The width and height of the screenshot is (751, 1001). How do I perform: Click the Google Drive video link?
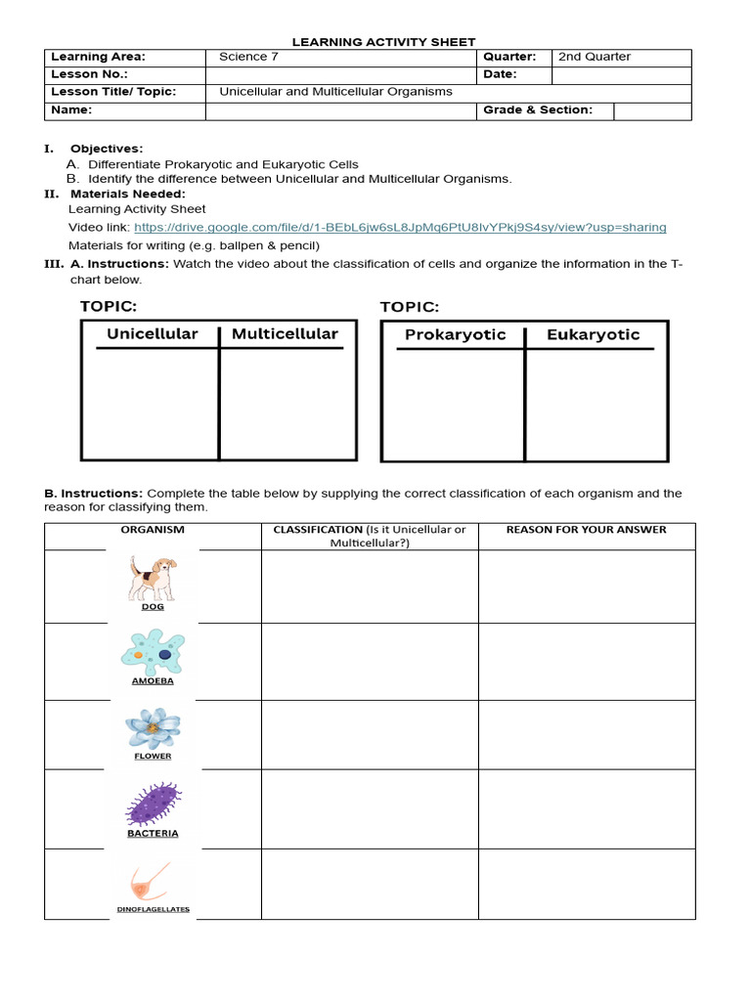tap(400, 228)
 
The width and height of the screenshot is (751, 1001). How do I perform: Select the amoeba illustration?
tap(153, 651)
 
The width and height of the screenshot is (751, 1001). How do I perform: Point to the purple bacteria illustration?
tap(153, 804)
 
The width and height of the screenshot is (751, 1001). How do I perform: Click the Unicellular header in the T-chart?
tap(152, 334)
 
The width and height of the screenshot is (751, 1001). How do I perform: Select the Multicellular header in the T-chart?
tap(285, 334)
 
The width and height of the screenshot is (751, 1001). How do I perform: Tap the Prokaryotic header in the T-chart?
tap(455, 335)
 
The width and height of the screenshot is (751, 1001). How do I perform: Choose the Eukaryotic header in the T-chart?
tap(593, 335)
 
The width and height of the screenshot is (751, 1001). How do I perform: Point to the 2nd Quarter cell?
tap(595, 57)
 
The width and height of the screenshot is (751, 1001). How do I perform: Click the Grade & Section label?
tap(538, 110)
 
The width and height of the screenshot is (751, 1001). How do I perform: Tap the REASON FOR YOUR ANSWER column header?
tap(586, 530)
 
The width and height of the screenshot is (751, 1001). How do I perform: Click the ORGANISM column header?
tap(153, 530)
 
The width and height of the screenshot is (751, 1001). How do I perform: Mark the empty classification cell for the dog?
tap(370, 587)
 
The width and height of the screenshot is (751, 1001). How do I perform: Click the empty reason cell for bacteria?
tap(586, 808)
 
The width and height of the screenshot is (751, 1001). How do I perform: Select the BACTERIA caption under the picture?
tap(153, 834)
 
